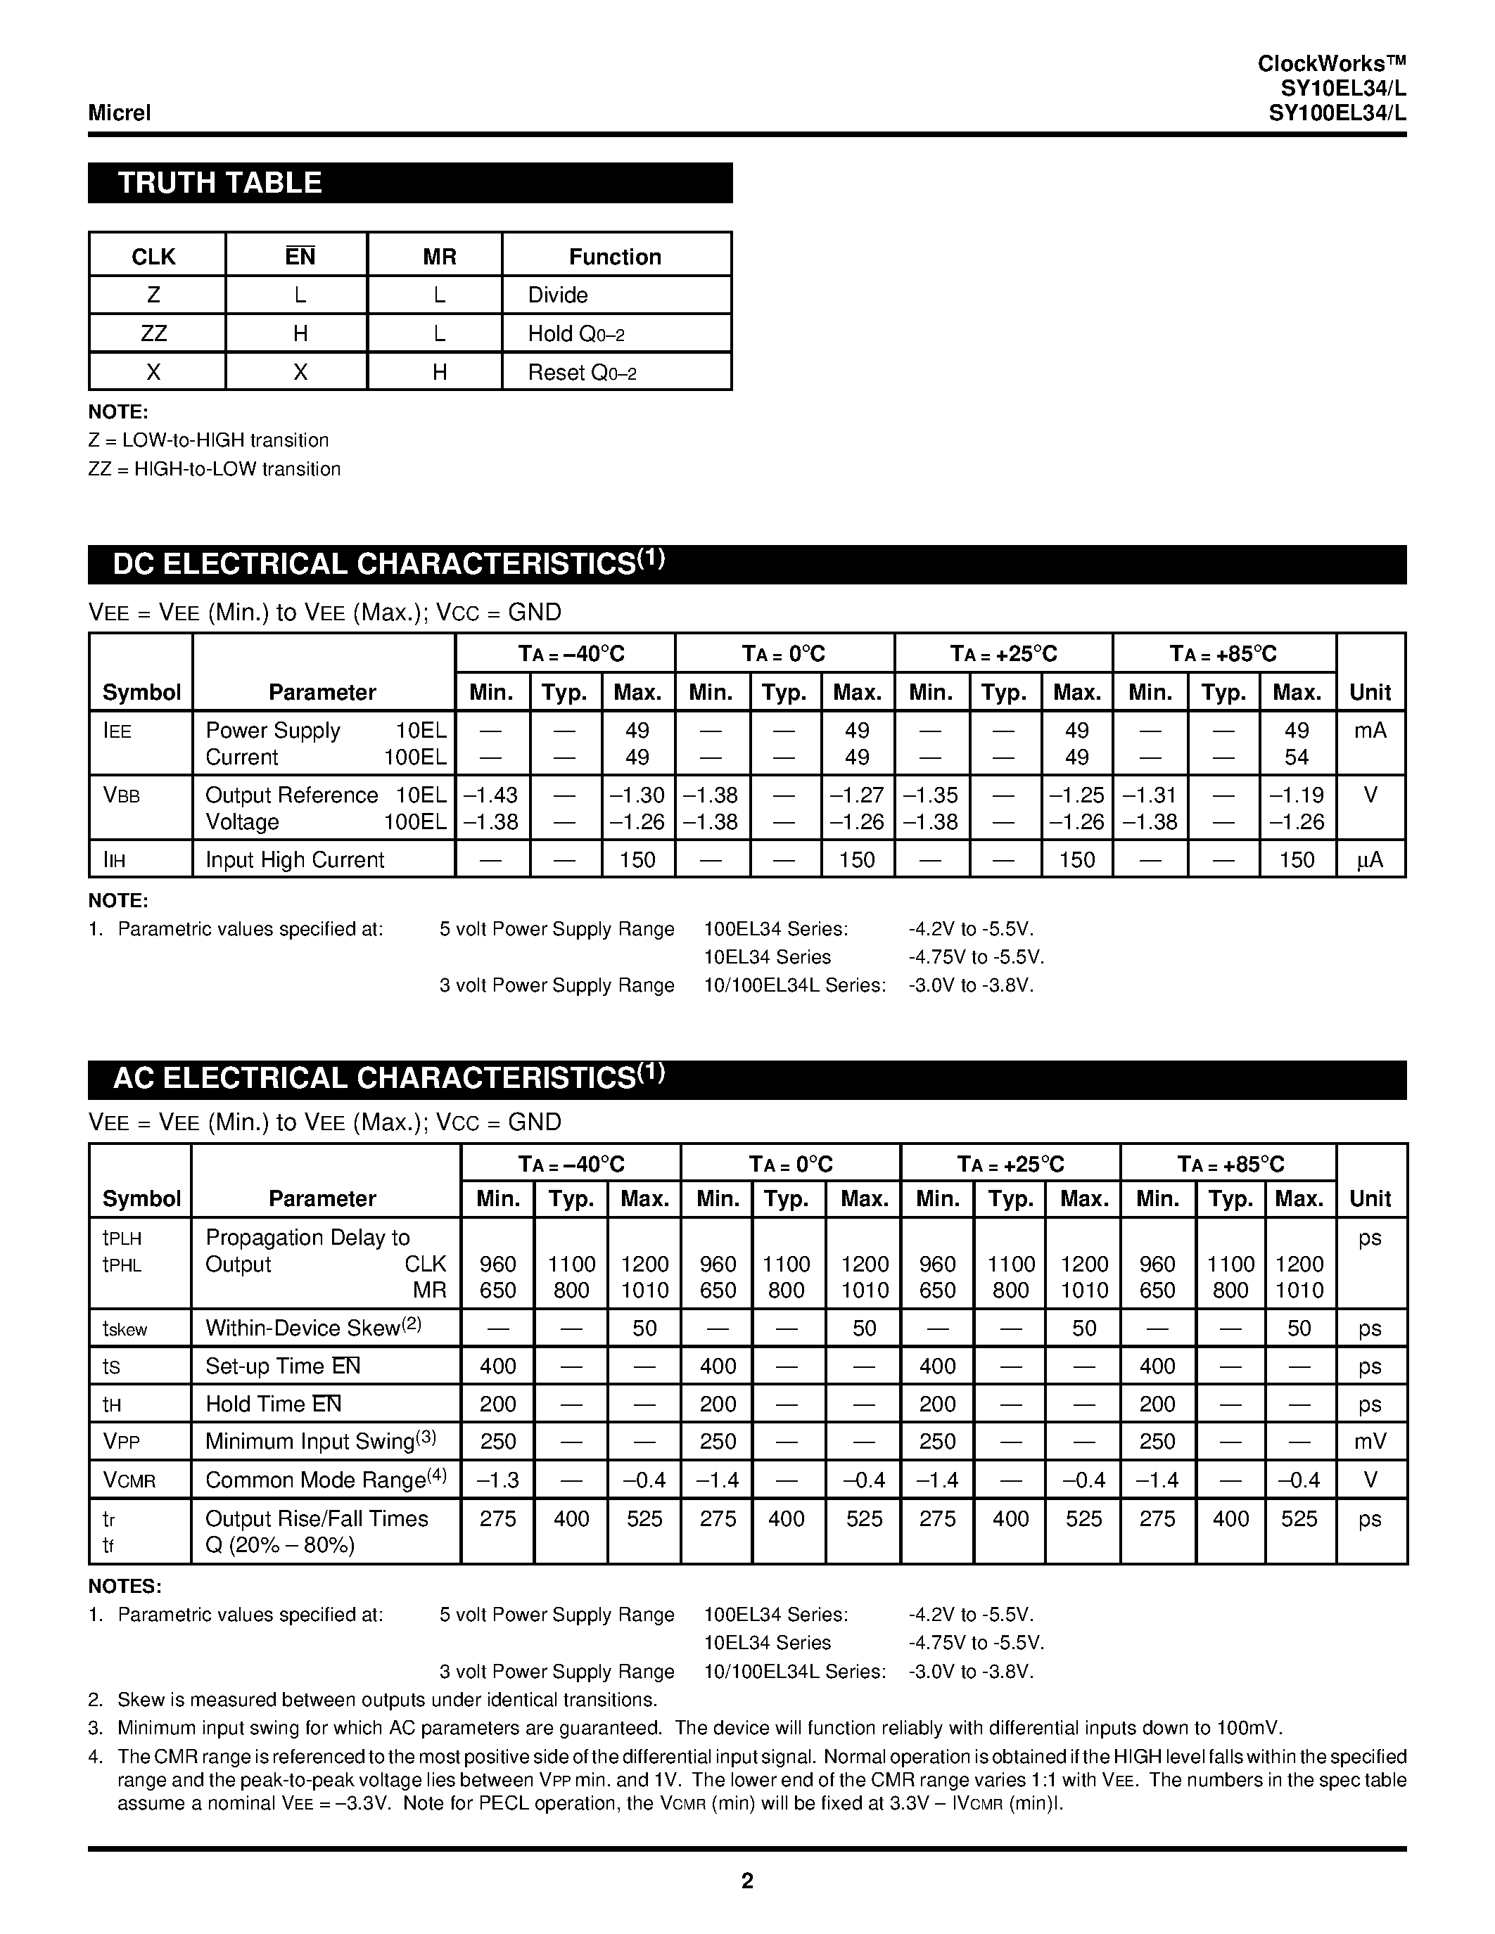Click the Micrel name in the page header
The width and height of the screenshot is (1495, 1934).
[x=120, y=113]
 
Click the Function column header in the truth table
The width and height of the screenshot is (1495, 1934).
[x=615, y=257]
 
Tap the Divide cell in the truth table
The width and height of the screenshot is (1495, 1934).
[x=558, y=295]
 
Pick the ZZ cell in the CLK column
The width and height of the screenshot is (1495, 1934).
[x=153, y=334]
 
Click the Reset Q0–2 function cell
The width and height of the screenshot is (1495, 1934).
[x=582, y=373]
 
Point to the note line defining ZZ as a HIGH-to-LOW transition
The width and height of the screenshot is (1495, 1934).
[x=215, y=469]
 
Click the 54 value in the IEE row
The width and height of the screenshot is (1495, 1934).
[x=1296, y=758]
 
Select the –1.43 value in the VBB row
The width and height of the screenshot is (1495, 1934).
[x=490, y=795]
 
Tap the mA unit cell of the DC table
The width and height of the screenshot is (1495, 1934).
[x=1369, y=731]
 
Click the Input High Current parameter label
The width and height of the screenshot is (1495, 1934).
[x=295, y=860]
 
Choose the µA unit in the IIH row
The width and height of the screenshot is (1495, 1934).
[x=1369, y=860]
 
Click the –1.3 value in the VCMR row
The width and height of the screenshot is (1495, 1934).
[x=497, y=1480]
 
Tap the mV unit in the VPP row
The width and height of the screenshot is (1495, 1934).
[x=1369, y=1442]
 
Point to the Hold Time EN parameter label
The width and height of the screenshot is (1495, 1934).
[x=273, y=1404]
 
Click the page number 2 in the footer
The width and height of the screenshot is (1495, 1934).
[x=746, y=1880]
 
